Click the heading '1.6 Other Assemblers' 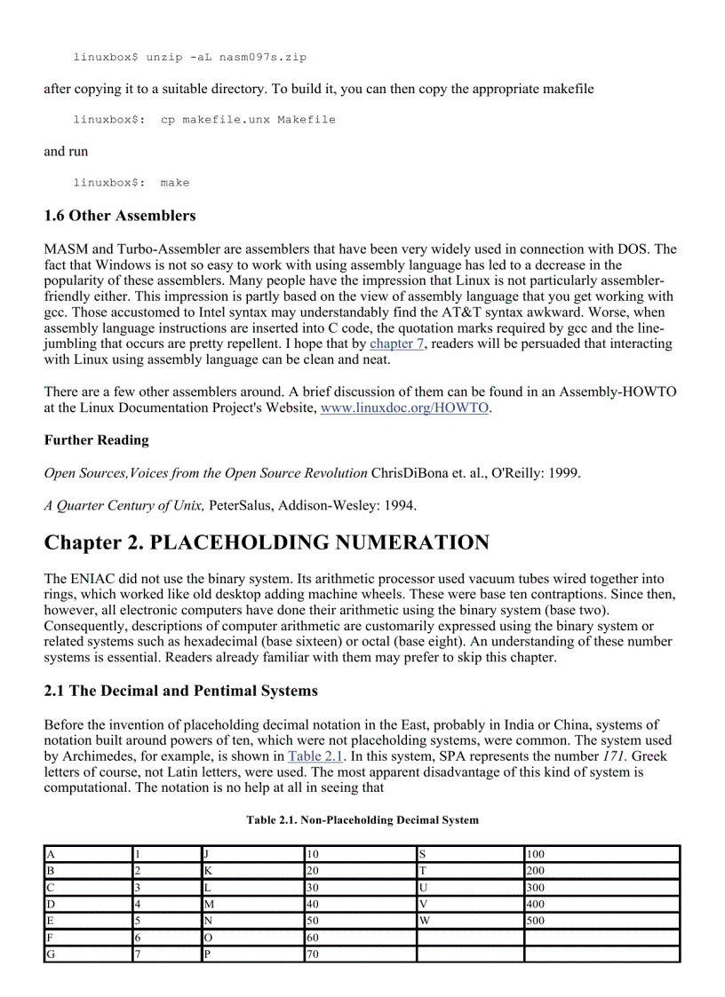point(120,216)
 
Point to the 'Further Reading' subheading point(96,440)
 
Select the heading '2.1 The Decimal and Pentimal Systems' point(180,691)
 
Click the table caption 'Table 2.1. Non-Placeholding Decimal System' point(362,820)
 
